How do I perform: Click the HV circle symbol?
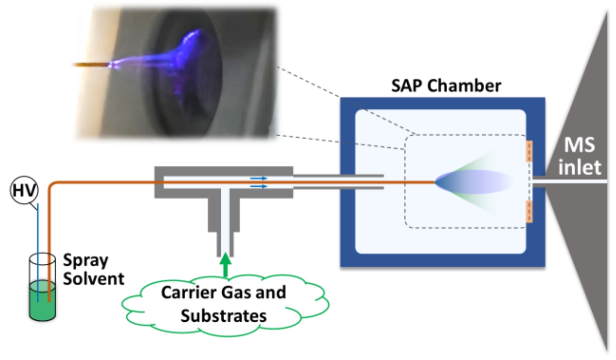[24, 190]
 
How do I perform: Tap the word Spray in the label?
[86, 260]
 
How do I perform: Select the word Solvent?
[94, 278]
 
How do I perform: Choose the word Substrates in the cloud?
[223, 316]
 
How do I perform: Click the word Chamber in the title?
[464, 86]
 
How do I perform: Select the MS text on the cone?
[579, 145]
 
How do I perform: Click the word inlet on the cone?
[579, 167]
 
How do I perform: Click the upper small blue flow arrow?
[259, 178]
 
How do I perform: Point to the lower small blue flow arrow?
[259, 186]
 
